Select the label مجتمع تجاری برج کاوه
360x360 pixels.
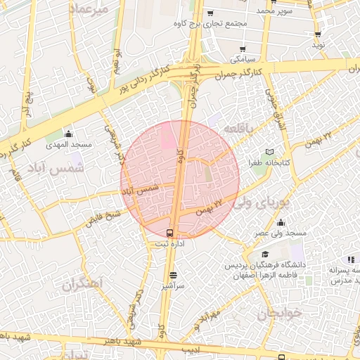[x=210, y=23]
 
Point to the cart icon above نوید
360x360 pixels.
[x=319, y=34]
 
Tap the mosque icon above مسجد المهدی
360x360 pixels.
[x=68, y=134]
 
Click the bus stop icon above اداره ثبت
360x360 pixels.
[x=169, y=233]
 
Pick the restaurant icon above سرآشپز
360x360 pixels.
[x=173, y=275]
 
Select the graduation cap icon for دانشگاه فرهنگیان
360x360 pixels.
[x=265, y=255]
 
